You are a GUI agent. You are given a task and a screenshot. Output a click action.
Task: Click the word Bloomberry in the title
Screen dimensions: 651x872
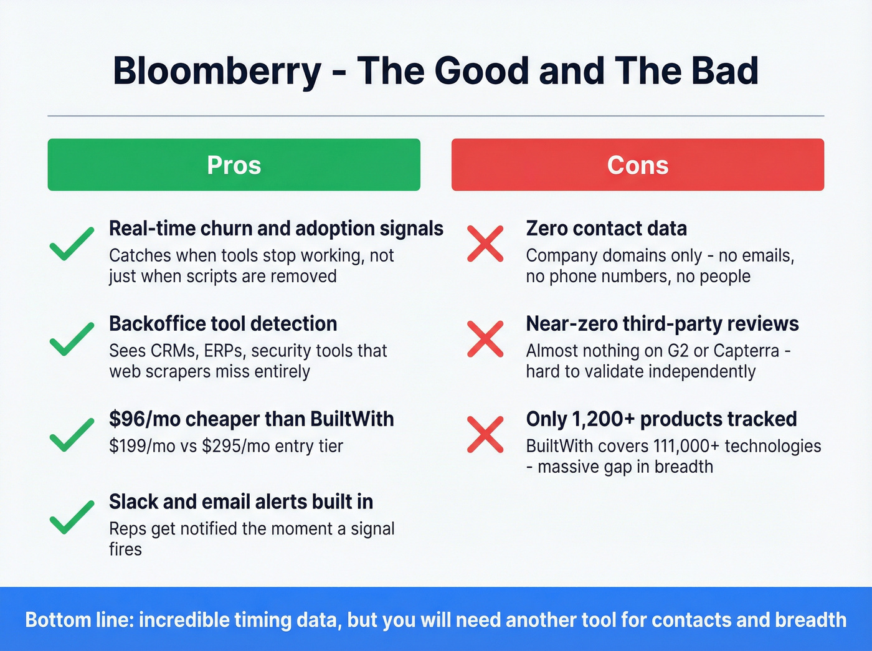[x=217, y=71]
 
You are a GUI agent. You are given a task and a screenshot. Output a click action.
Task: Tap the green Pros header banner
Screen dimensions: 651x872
[x=234, y=165]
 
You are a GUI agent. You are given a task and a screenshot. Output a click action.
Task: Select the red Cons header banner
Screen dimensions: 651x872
[x=637, y=165]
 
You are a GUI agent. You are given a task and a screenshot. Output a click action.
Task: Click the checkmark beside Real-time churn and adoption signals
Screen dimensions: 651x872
[x=72, y=244]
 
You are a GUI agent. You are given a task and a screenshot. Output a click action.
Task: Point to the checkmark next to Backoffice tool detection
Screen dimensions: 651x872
[x=72, y=340]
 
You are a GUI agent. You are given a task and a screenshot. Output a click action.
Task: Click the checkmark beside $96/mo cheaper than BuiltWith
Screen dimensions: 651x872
[x=72, y=435]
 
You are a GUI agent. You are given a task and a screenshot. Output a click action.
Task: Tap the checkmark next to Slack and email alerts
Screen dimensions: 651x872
[x=72, y=517]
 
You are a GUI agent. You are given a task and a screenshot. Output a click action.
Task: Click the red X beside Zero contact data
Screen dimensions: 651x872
[x=485, y=244]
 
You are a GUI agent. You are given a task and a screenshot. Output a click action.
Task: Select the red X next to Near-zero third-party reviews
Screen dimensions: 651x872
[x=485, y=340]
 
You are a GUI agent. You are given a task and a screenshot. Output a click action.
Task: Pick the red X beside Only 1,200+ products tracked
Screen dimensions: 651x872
[x=485, y=435]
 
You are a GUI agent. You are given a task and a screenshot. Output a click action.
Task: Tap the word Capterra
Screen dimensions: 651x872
[x=746, y=351]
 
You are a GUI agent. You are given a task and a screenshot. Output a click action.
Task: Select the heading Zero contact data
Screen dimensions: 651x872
[x=606, y=229]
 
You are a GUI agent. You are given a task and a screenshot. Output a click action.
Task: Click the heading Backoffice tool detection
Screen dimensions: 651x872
[x=223, y=324]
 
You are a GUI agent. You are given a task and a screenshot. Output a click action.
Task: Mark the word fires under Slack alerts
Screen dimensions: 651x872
[x=125, y=549]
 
